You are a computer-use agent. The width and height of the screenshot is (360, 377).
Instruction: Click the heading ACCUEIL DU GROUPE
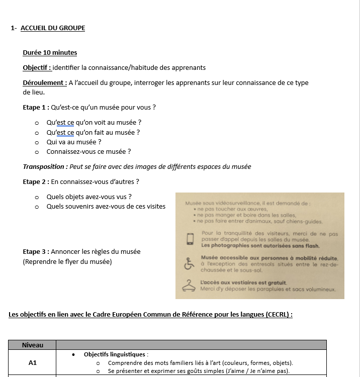point(53,28)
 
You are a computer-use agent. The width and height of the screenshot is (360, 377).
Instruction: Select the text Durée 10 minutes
point(50,52)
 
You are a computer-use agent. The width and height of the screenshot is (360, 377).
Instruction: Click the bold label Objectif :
point(37,67)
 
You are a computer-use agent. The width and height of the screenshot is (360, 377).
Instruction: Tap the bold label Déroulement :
point(45,82)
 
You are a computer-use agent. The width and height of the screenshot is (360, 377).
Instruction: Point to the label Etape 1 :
point(36,107)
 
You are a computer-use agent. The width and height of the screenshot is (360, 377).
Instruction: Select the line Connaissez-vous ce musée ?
point(88,151)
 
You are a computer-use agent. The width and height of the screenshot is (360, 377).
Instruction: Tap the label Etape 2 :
point(36,181)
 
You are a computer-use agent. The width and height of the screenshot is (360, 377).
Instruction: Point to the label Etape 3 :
point(36,251)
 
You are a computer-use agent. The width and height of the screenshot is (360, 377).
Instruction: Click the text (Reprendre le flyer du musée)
point(67,261)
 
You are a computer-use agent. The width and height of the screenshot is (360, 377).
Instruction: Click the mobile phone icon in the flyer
point(190,238)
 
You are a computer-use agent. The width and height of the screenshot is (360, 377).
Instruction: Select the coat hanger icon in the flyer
point(189,285)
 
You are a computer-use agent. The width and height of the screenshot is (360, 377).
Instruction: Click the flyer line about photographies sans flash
point(260,246)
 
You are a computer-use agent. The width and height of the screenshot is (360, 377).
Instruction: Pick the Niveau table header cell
point(32,345)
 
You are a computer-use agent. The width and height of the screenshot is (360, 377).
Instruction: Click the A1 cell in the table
point(32,362)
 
